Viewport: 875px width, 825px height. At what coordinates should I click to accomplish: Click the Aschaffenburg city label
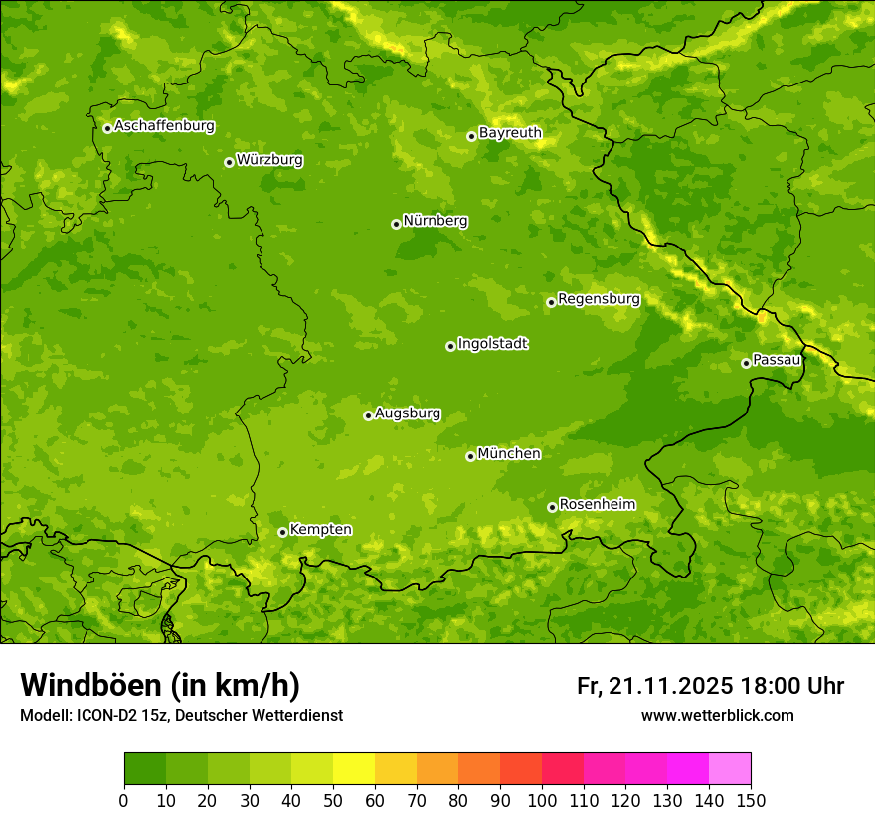[x=164, y=126]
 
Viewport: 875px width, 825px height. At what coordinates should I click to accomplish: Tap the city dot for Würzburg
[x=229, y=162]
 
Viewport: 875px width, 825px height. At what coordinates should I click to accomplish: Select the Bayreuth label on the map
[x=510, y=133]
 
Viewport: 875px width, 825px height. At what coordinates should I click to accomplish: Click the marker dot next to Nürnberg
[x=396, y=224]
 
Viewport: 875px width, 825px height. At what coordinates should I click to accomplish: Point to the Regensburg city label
[x=599, y=299]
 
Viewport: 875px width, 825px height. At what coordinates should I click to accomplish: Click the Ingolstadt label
[x=492, y=344]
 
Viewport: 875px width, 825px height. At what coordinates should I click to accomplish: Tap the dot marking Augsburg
[x=368, y=415]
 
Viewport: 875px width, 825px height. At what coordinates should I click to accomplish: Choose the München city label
[x=509, y=454]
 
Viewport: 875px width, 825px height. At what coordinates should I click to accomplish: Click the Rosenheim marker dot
[x=552, y=507]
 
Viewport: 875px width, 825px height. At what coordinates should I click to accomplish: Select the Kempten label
[x=320, y=530]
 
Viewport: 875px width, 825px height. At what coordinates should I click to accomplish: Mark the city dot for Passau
[x=746, y=363]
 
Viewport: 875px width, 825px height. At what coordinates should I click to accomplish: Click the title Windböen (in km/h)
[x=160, y=685]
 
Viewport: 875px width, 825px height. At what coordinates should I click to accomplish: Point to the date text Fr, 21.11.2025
[x=655, y=686]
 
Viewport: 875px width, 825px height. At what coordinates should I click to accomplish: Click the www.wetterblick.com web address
[x=717, y=715]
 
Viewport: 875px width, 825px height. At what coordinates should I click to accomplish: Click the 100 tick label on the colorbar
[x=542, y=800]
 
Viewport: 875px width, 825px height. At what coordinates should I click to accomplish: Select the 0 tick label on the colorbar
[x=124, y=800]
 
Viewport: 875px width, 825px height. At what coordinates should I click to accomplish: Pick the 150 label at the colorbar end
[x=751, y=800]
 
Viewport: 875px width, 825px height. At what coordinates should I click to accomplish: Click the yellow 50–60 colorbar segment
[x=354, y=769]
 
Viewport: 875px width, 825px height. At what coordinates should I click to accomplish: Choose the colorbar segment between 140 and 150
[x=730, y=769]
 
